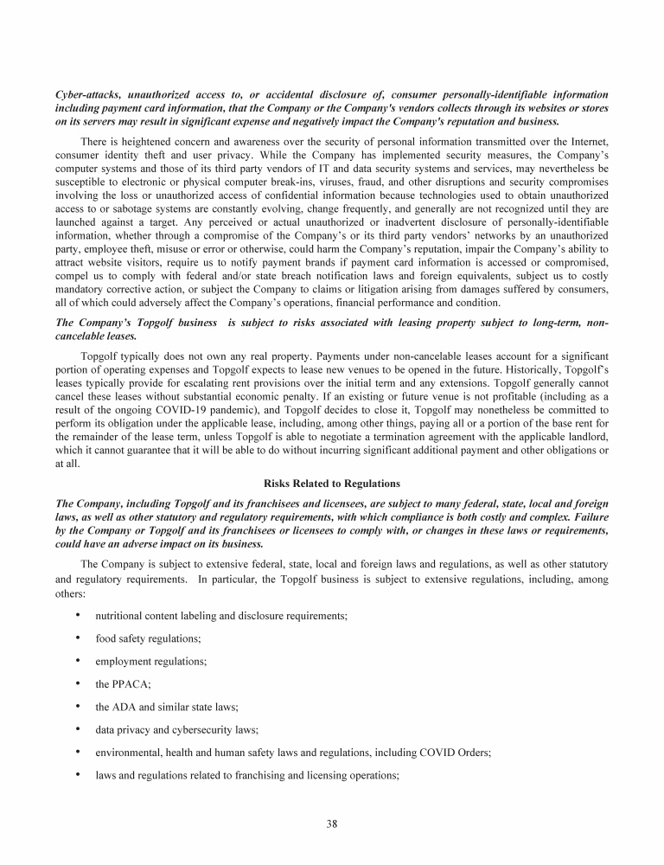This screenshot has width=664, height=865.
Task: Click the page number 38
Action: click(x=332, y=823)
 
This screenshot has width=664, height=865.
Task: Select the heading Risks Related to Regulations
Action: click(x=331, y=484)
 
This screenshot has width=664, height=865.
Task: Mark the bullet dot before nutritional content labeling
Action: click(x=79, y=615)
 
